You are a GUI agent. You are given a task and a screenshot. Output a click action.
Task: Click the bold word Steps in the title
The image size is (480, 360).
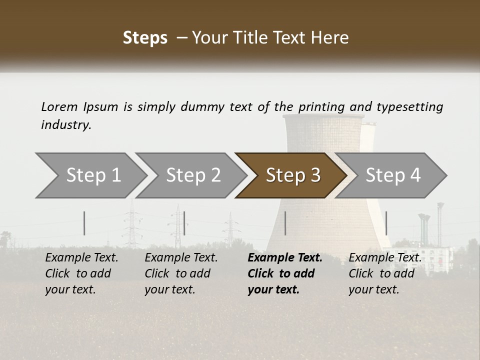[x=145, y=38]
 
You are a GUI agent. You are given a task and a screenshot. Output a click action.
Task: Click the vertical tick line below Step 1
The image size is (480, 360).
[x=84, y=223]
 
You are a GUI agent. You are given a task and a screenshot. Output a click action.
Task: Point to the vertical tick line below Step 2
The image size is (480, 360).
[x=184, y=223]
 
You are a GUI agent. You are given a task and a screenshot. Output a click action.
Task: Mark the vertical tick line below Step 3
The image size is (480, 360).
[x=285, y=223]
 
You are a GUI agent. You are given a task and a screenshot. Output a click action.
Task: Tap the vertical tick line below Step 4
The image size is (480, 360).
[x=386, y=223]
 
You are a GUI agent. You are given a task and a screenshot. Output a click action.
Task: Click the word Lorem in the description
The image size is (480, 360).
[x=59, y=106]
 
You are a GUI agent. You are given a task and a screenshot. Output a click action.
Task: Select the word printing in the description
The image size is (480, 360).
[x=321, y=107]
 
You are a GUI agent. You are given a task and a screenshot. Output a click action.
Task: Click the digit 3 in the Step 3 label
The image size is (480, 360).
[x=315, y=175]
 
